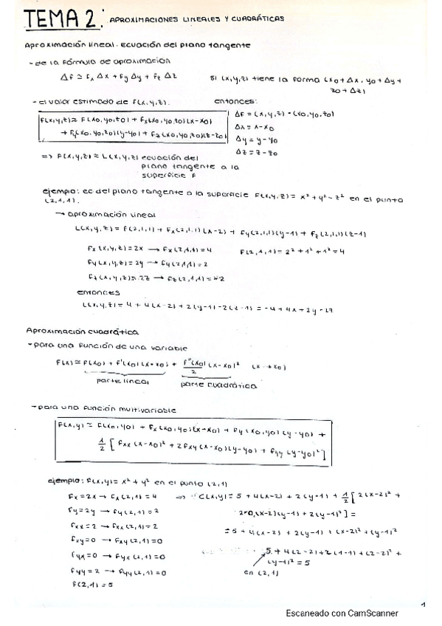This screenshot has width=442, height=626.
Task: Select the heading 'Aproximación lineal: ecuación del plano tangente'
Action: tap(137, 45)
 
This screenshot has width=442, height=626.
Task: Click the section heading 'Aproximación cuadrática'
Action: tap(82, 332)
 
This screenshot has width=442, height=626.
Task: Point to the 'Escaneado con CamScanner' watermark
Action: tap(342, 613)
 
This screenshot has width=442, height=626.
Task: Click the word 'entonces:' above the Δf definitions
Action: tap(235, 101)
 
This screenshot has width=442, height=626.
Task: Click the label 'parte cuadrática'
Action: tap(219, 385)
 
